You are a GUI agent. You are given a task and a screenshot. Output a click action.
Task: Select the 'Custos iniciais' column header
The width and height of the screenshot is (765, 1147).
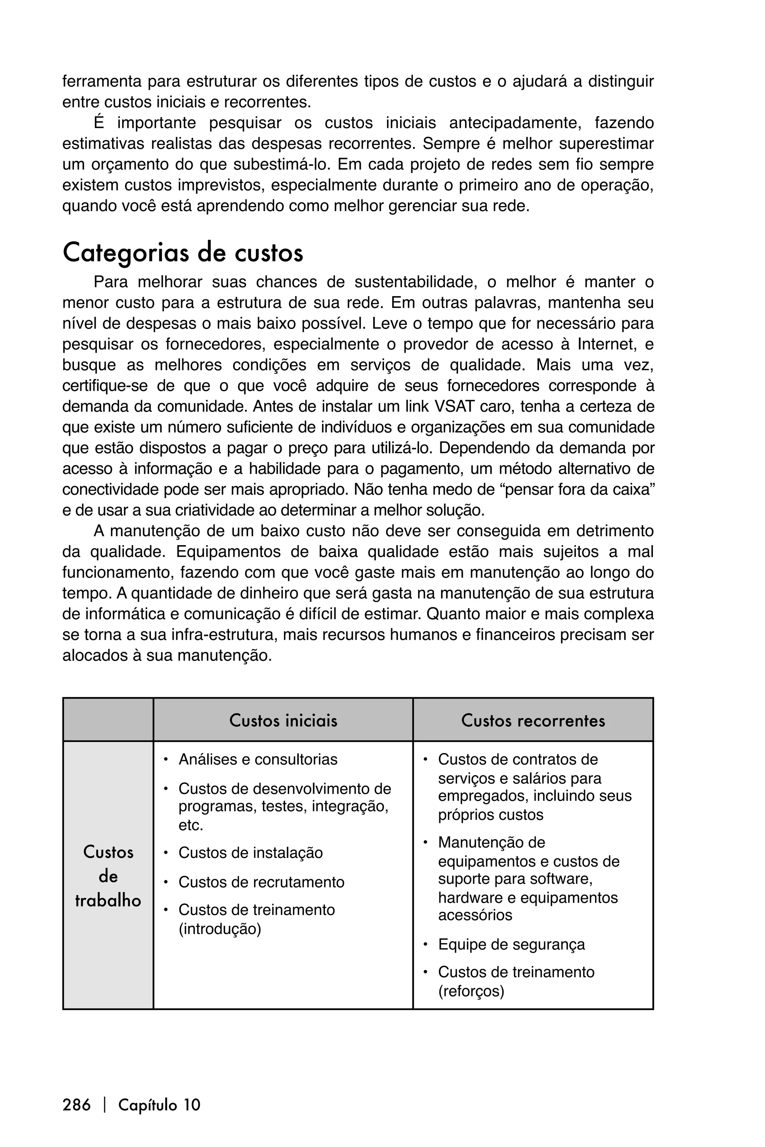coord(283,720)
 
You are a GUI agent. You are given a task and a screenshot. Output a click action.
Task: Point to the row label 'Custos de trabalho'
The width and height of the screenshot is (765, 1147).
coord(108,876)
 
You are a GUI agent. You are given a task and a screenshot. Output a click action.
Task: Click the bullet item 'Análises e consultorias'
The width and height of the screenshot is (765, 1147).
coord(258,759)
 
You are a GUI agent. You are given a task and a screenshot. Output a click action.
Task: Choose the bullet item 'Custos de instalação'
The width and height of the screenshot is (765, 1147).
coord(250,852)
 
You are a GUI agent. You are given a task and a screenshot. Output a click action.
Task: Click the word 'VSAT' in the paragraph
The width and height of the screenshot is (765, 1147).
coord(455,406)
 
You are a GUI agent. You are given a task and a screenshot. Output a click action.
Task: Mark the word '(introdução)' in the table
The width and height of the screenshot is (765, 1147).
coord(220,929)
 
